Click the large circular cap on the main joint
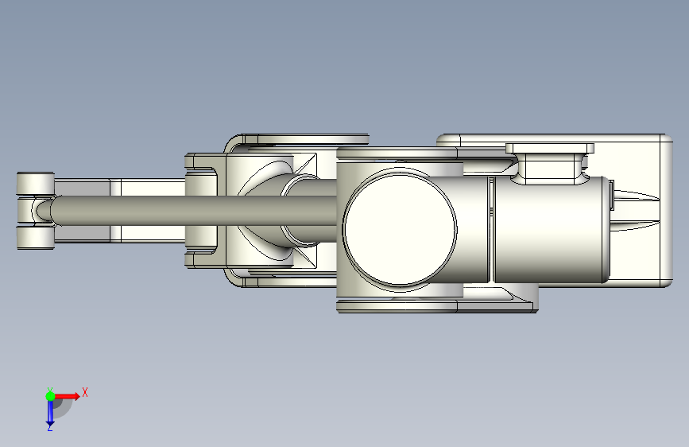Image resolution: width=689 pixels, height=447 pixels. pos(400,229)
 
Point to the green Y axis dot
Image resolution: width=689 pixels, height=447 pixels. pos(50,396)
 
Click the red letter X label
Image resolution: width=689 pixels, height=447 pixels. pos(85,392)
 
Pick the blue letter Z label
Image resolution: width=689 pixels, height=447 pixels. pos(49,427)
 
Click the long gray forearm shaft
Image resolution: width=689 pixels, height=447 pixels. pos(193,210)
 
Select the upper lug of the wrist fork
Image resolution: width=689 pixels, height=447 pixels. pos(36,184)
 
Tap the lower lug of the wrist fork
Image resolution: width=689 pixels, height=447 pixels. pos(36,238)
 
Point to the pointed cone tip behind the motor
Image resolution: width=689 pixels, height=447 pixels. pos(637,210)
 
